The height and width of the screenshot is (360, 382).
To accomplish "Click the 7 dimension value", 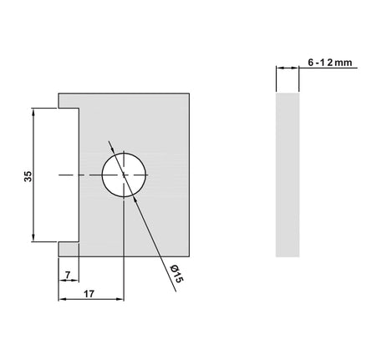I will click(x=66, y=274).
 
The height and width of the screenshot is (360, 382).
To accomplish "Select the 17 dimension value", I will click(x=89, y=294).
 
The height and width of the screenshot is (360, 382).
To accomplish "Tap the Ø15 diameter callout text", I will click(x=175, y=275).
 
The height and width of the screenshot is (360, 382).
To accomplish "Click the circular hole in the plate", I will click(x=123, y=175).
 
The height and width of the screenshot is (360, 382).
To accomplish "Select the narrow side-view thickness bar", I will click(x=287, y=175).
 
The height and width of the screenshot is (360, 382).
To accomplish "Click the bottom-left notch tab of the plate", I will click(x=67, y=250).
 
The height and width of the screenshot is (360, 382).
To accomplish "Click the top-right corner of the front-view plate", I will click(x=191, y=92).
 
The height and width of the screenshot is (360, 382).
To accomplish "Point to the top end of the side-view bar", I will click(x=287, y=94).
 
